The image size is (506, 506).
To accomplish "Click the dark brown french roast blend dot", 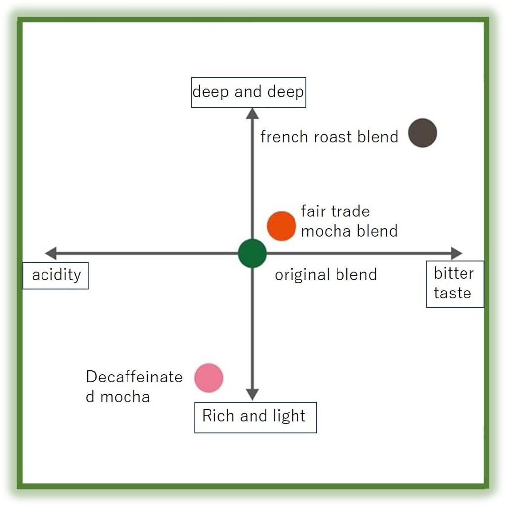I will click(422, 133).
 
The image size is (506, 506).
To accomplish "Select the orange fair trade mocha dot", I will click(282, 226).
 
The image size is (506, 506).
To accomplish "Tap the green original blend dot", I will click(252, 253).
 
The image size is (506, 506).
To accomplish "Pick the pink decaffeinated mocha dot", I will click(209, 378).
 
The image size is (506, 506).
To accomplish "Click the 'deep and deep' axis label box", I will click(249, 92).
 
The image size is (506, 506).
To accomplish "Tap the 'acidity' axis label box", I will click(56, 275).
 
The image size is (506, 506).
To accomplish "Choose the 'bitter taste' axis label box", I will click(455, 284).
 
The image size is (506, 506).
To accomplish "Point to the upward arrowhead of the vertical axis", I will click(252, 113).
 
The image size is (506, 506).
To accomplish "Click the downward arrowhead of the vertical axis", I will click(252, 394).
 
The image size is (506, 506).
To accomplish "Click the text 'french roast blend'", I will click(329, 137).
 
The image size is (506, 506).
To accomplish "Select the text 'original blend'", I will click(326, 275).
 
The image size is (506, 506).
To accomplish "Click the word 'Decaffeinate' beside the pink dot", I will click(134, 377).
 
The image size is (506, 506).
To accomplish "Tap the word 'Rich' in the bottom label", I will click(218, 416).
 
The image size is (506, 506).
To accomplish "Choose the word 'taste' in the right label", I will click(452, 293).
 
